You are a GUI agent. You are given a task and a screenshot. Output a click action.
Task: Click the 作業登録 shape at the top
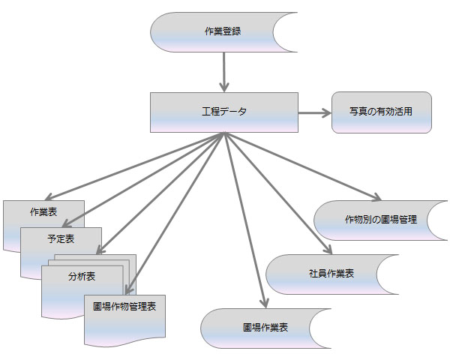217,31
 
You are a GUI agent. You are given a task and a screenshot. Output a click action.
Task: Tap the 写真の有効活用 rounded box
381,112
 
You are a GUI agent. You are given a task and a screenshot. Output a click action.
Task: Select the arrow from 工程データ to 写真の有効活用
315,112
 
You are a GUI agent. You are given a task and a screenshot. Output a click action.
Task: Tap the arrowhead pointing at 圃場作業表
263,301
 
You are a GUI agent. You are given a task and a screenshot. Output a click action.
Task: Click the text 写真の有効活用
381,112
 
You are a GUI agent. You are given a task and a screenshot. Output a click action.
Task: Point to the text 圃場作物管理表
124,307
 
